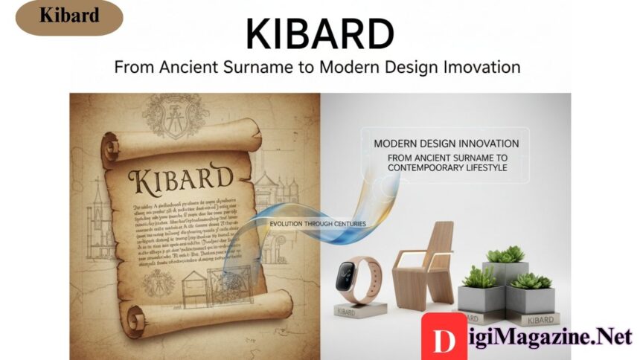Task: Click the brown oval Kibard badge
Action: (69, 17)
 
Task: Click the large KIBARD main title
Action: (319, 33)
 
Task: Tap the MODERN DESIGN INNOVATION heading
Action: (447, 143)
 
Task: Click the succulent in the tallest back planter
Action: (505, 254)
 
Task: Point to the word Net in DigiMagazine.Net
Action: (611, 337)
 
